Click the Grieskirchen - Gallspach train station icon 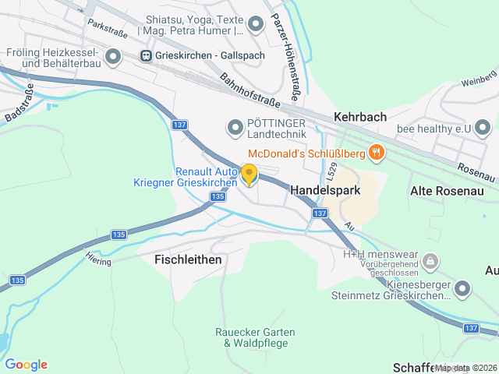point(146,55)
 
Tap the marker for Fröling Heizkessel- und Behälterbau point(114,56)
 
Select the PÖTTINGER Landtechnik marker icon point(234,127)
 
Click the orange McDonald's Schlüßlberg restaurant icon point(377,152)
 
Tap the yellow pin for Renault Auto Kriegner point(249,175)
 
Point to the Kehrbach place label point(360,117)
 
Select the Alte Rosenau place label point(447,190)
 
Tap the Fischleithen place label point(188,259)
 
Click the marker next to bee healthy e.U point(483,126)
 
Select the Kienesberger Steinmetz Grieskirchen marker point(462,290)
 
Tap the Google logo point(26,364)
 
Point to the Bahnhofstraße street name point(251,91)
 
